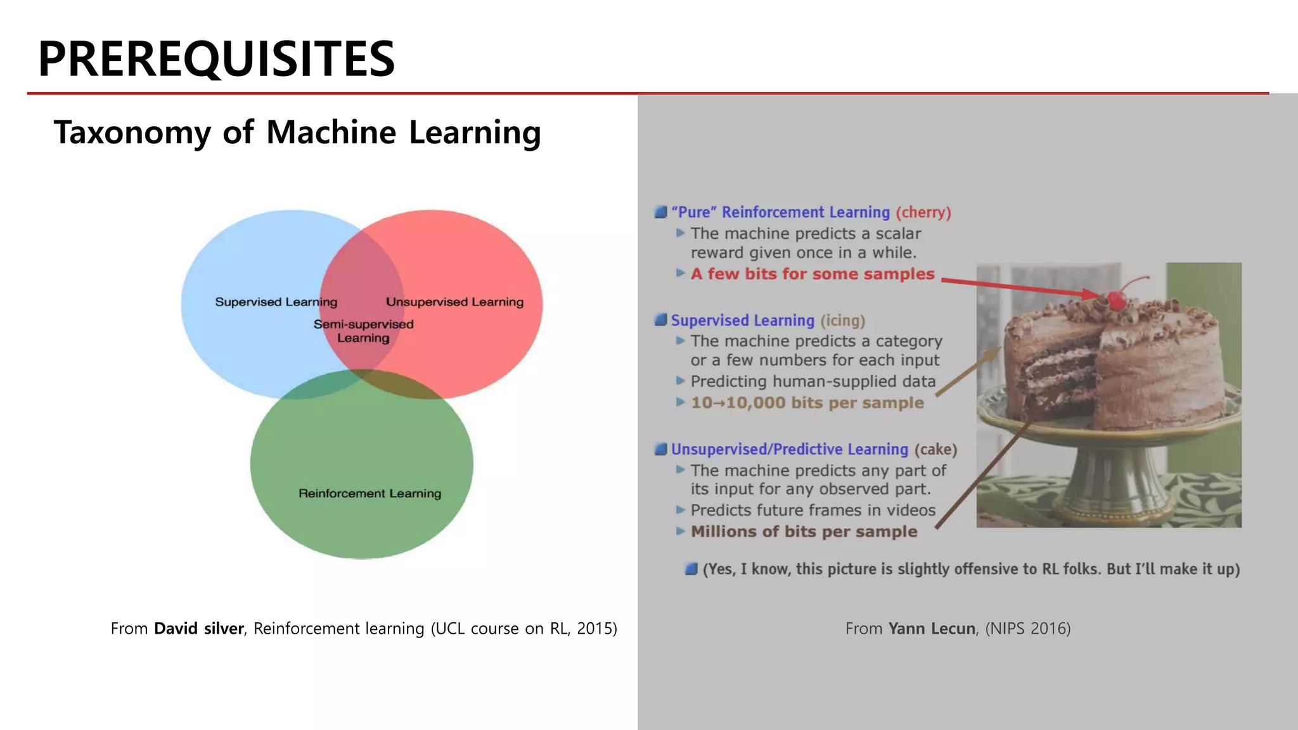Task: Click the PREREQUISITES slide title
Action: click(216, 59)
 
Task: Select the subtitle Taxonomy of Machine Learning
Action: click(297, 132)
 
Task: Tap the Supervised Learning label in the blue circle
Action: click(276, 302)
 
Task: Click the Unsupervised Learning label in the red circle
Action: click(454, 302)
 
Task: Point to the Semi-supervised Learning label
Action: click(363, 331)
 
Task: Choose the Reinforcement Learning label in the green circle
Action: click(369, 494)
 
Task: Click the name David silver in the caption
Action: click(198, 629)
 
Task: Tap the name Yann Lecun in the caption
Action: click(932, 629)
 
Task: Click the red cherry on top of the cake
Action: click(1117, 299)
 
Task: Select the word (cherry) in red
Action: click(923, 212)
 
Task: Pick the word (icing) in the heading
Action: click(843, 321)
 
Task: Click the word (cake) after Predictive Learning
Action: click(935, 449)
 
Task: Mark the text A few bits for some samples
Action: click(813, 274)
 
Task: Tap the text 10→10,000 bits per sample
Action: click(807, 403)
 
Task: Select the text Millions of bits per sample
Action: click(804, 532)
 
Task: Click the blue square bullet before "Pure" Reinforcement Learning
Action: click(660, 212)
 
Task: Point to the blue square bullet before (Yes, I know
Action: click(691, 568)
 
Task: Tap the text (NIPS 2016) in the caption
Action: click(1027, 629)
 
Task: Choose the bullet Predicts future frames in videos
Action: click(813, 510)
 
